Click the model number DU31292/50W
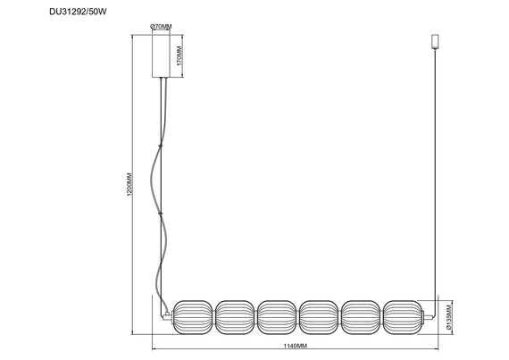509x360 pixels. [78, 12]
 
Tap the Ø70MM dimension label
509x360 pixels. [161, 27]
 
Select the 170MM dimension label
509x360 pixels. [179, 55]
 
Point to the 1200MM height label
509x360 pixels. [129, 184]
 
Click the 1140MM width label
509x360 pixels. [296, 346]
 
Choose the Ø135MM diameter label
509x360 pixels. [449, 317]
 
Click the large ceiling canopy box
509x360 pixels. [161, 56]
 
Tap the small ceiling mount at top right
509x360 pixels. [435, 42]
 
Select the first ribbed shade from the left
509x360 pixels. [193, 317]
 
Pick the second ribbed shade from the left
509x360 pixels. [235, 317]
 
